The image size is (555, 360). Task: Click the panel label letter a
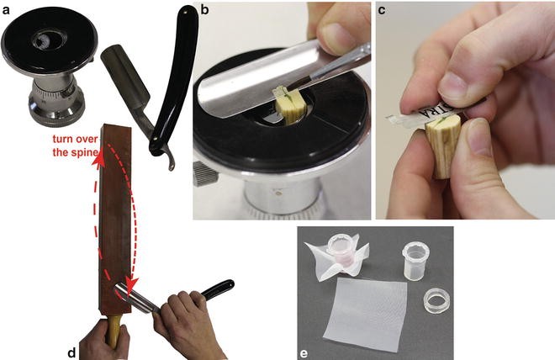pyautogui.click(x=7, y=8)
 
